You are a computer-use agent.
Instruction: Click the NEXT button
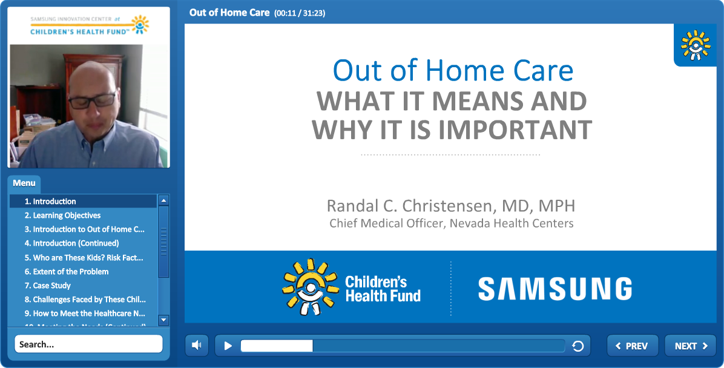pos(690,346)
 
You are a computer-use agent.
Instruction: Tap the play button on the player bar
pos(228,346)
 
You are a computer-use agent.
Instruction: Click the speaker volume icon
pos(197,346)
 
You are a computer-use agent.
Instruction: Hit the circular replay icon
pos(578,346)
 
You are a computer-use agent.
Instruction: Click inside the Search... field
pos(88,344)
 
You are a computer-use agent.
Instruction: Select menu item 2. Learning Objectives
pos(62,215)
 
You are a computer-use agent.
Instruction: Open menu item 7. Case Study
pos(48,285)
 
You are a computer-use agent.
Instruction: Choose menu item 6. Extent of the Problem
pos(67,272)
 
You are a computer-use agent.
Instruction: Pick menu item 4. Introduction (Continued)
pos(71,243)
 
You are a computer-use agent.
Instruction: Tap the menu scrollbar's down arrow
pos(163,320)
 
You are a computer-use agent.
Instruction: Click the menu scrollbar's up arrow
pos(163,200)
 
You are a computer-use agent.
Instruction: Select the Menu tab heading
pos(24,183)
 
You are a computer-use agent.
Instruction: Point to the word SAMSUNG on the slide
pos(555,289)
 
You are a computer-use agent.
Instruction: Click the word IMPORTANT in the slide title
pos(515,130)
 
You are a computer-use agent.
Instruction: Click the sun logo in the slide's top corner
pos(696,45)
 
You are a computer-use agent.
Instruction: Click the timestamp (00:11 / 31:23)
pos(300,13)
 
